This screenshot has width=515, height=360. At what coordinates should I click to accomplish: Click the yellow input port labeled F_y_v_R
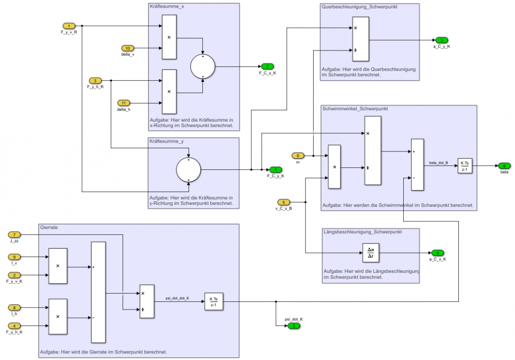click(x=68, y=26)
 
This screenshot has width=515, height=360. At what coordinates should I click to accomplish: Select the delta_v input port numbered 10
click(x=128, y=48)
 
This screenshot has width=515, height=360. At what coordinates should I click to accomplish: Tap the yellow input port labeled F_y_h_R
click(x=95, y=81)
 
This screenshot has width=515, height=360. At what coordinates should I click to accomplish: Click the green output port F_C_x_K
click(x=267, y=67)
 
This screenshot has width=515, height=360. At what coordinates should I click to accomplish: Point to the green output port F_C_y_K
click(x=276, y=170)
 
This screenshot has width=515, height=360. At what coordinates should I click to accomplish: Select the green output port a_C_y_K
click(x=441, y=40)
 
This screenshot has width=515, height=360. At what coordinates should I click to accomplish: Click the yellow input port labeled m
click(x=298, y=156)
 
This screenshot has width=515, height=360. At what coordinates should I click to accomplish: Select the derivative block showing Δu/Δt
click(x=370, y=253)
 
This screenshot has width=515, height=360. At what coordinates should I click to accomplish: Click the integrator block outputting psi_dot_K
click(x=213, y=302)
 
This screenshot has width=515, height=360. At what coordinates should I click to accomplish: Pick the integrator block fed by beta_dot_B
click(x=465, y=166)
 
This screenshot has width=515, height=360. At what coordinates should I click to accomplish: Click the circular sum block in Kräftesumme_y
click(x=188, y=170)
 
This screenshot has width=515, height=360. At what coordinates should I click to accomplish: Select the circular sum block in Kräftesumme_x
click(x=203, y=67)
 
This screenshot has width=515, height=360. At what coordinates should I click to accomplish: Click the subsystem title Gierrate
click(x=49, y=227)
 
